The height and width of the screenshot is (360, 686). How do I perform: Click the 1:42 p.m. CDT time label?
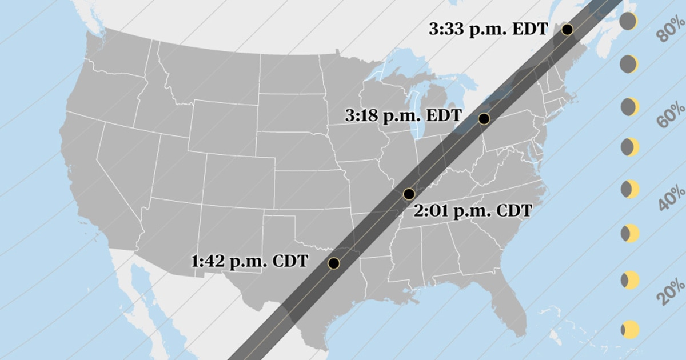tap(250, 262)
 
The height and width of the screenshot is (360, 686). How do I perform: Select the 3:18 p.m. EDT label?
tap(403, 115)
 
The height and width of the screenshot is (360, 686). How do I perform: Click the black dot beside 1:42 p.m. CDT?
tap(334, 263)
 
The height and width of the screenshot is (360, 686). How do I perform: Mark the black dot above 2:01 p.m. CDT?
tap(409, 193)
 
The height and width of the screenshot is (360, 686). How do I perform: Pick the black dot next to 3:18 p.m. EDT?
tap(484, 119)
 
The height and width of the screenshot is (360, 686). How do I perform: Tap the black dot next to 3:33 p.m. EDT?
tap(568, 29)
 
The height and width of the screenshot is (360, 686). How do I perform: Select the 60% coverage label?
tap(671, 117)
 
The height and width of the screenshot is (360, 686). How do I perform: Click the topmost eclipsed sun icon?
tap(628, 22)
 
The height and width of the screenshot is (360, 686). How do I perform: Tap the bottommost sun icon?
tap(629, 329)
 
